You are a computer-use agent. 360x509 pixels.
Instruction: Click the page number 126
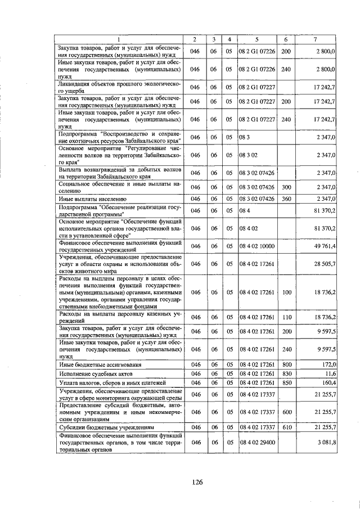196,482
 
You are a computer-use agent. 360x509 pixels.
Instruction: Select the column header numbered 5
256,39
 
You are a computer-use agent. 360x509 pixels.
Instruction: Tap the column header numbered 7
318,39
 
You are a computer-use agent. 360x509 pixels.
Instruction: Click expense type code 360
286,199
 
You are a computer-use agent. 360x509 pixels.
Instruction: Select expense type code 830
286,373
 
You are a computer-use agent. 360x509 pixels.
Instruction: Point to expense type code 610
286,427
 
